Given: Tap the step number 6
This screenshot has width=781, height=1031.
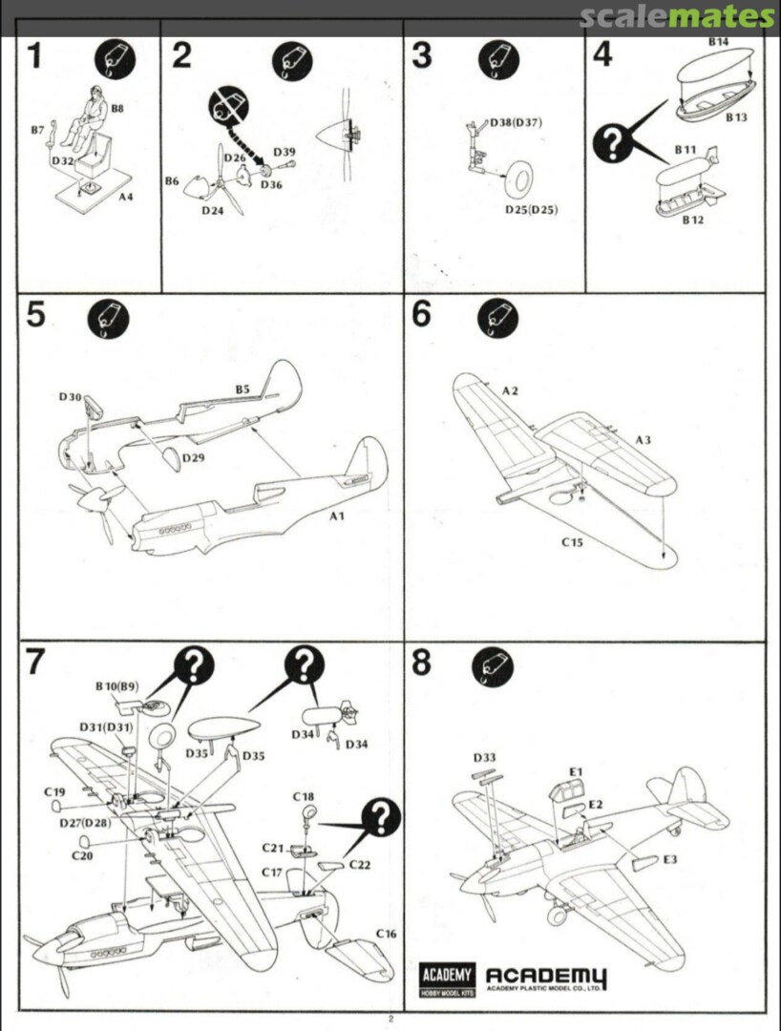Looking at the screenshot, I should coord(421,314).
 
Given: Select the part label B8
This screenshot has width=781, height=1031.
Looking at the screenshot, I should coord(116,109).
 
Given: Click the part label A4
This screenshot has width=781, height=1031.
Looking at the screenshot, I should coord(126,197).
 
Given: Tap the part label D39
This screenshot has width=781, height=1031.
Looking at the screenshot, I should coord(284,152).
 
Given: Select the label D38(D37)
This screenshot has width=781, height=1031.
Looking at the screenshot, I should coord(516,124).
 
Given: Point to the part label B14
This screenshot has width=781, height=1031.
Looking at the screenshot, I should coord(718,43).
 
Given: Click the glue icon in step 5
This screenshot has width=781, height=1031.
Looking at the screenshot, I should coord(107,319).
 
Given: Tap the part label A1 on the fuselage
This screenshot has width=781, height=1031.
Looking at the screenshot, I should coord(336,516).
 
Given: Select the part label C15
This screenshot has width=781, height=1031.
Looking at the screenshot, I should coord(573,542).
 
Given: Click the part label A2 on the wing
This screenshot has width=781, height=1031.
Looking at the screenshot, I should coord(512,390).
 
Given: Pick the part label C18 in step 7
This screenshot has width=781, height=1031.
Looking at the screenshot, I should coord(304,796).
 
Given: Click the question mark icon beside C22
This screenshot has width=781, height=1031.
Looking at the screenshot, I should coord(381,818).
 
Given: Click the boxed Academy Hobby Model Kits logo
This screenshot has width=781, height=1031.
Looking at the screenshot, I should coord(446,980).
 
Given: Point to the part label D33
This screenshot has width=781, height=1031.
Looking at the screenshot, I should coord(484,758).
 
